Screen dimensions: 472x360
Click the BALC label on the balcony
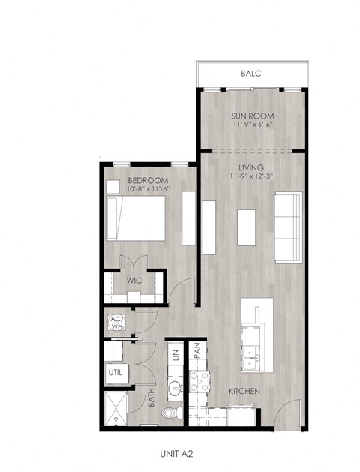pyautogui.click(x=251, y=74)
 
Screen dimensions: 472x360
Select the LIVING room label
pyautogui.click(x=251, y=167)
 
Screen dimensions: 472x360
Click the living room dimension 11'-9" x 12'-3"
pyautogui.click(x=251, y=176)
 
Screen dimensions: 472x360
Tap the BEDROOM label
pyautogui.click(x=148, y=180)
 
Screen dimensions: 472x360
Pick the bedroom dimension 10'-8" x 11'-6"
pyautogui.click(x=148, y=189)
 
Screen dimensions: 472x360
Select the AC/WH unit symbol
pyautogui.click(x=117, y=323)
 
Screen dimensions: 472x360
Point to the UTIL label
pyautogui.click(x=115, y=371)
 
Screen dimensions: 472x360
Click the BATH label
pyautogui.click(x=151, y=397)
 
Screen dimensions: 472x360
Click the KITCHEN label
pyautogui.click(x=244, y=392)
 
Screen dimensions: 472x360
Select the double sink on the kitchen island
pyautogui.click(x=251, y=356)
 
